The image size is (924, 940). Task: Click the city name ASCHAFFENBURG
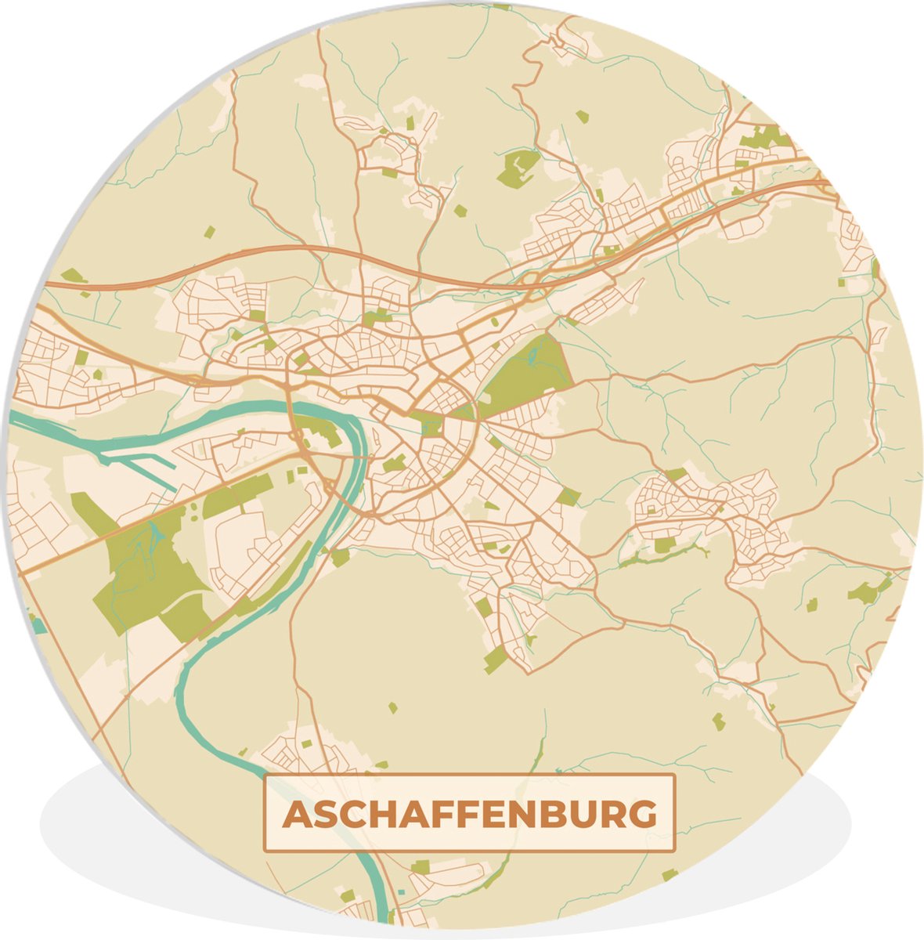469,814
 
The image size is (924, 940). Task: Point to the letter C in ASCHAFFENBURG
357,815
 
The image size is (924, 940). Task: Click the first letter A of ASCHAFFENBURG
298,815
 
